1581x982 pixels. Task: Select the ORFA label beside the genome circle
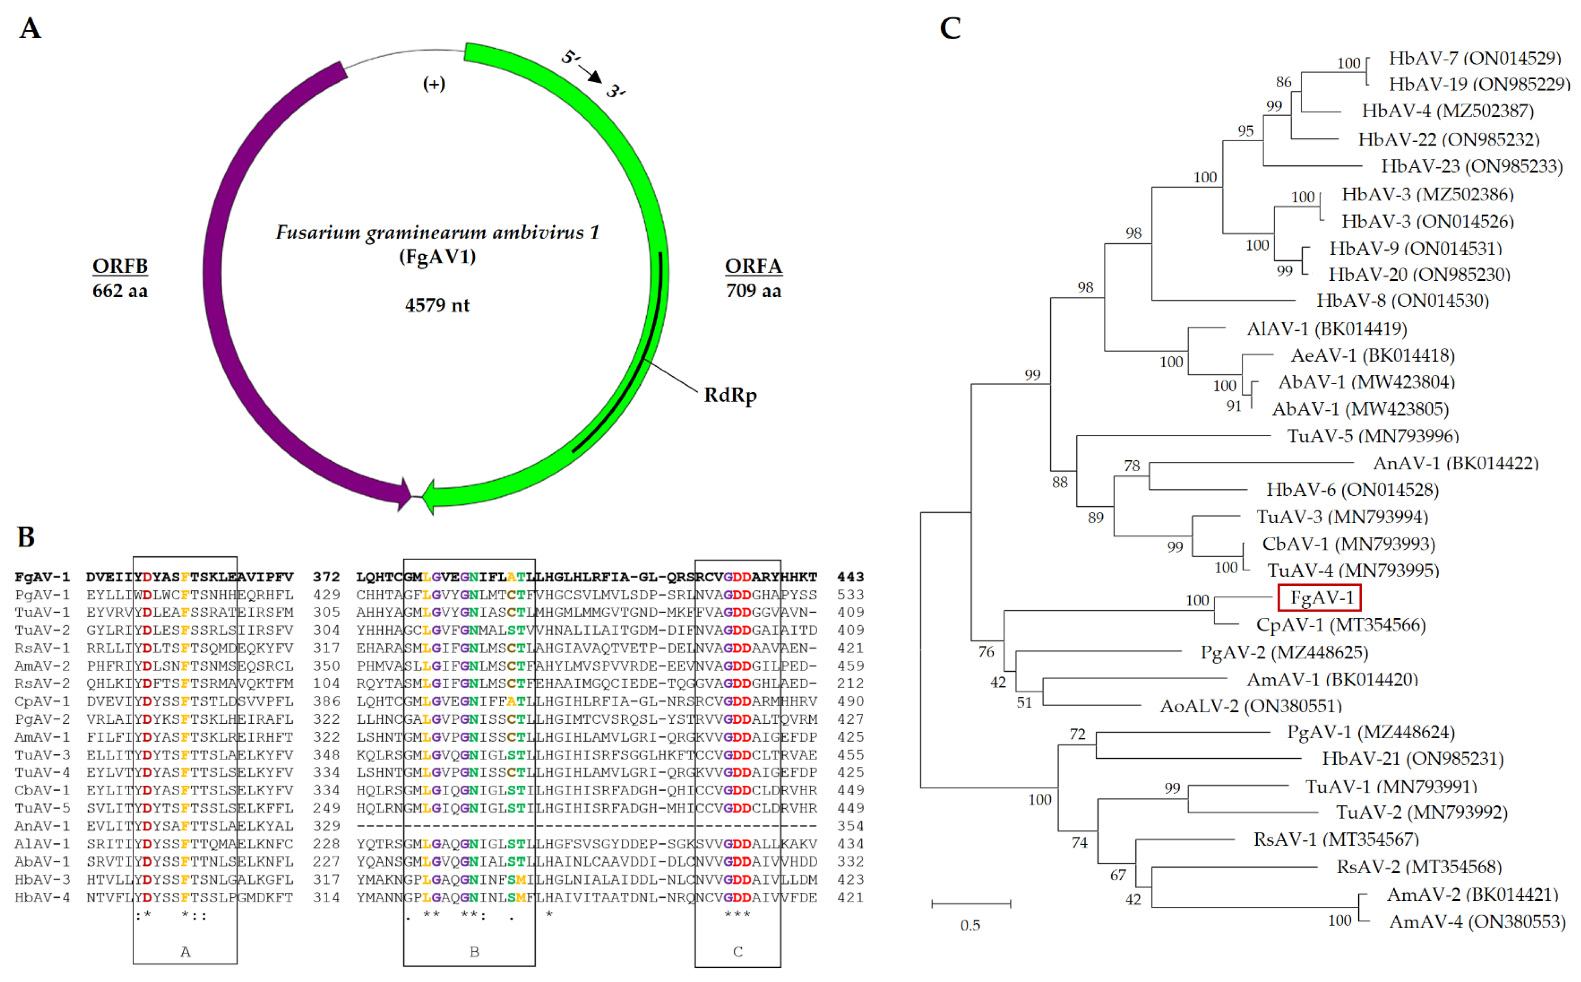pyautogui.click(x=753, y=266)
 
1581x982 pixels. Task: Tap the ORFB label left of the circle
pyautogui.click(x=120, y=266)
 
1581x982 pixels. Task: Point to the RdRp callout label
pyautogui.click(x=730, y=395)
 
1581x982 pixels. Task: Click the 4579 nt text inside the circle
pyautogui.click(x=437, y=305)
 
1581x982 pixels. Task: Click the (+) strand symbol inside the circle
pyautogui.click(x=434, y=84)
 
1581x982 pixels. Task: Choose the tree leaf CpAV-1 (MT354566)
pyautogui.click(x=1341, y=625)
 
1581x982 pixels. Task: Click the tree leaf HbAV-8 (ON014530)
pyautogui.click(x=1402, y=301)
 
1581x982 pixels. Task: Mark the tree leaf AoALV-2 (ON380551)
pyautogui.click(x=1250, y=706)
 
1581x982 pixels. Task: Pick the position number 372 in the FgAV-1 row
pyautogui.click(x=326, y=577)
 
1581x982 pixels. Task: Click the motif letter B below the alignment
pyautogui.click(x=474, y=952)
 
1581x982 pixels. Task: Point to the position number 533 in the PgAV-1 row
pyautogui.click(x=850, y=594)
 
